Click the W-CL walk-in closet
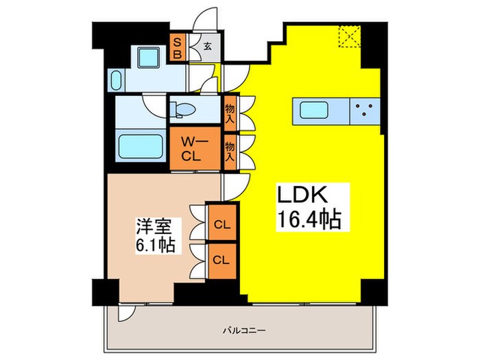(x=195, y=147)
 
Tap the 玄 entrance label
(x=206, y=49)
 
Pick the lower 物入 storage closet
(x=230, y=147)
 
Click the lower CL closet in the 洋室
(x=221, y=260)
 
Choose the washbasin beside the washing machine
(x=115, y=79)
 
